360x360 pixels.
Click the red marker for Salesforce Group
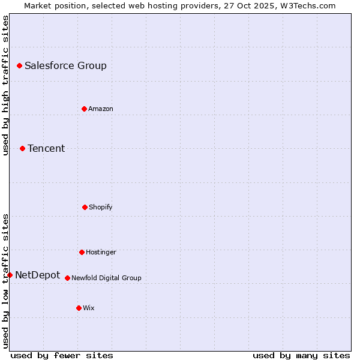tap(19, 65)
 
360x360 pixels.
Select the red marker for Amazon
tap(84, 109)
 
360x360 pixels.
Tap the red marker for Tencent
tap(22, 148)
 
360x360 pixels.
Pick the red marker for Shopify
tap(85, 207)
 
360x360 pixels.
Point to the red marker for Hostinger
tap(82, 252)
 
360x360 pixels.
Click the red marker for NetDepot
tap(10, 275)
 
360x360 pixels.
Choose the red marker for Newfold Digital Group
tap(67, 278)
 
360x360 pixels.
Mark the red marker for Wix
tap(79, 308)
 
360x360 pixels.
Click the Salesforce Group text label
tap(65, 65)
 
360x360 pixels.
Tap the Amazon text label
tap(101, 109)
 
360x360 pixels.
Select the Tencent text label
tap(46, 148)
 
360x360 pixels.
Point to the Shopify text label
tap(101, 207)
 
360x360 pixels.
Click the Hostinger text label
tap(101, 252)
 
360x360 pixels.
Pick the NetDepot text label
tap(37, 275)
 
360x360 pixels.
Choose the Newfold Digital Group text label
tap(106, 278)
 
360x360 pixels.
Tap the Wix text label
tap(89, 308)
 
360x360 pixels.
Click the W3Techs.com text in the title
tap(307, 5)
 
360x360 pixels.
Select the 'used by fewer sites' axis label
tap(62, 355)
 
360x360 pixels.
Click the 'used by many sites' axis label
tap(301, 355)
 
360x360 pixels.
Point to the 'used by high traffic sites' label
tap(5, 85)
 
